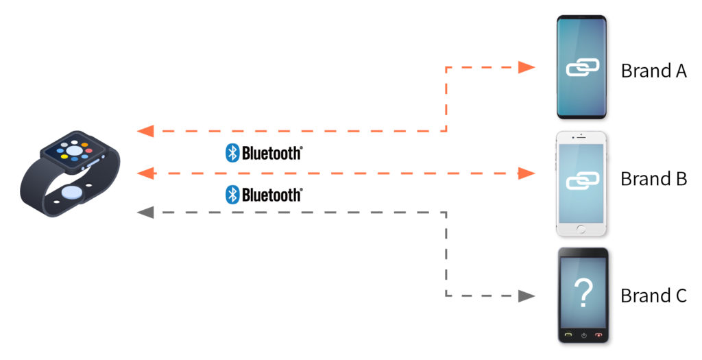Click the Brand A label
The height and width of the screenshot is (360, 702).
[x=653, y=71]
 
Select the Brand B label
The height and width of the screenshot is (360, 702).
[x=653, y=179]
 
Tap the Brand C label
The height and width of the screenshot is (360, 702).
[x=653, y=296]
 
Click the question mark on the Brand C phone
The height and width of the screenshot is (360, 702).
[x=583, y=292]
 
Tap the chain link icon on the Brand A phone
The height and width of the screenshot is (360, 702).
[x=583, y=68]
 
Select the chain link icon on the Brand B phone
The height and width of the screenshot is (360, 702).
[x=583, y=181]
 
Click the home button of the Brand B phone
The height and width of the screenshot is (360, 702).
[x=581, y=229]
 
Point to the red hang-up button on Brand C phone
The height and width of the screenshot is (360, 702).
[x=598, y=335]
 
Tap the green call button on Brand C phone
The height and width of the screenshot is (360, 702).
[x=568, y=335]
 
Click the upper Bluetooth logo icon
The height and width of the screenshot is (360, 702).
[x=232, y=153]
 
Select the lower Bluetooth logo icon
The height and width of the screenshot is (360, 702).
[x=232, y=194]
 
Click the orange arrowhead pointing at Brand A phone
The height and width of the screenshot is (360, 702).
[x=526, y=67]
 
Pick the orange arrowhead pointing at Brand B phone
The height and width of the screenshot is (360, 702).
[x=526, y=173]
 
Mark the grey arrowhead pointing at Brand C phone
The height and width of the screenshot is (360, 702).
[x=526, y=296]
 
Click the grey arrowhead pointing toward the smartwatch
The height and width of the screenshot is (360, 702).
[x=145, y=213]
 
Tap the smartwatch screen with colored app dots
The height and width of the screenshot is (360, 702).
[x=75, y=150]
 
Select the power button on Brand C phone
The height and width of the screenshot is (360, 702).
[x=583, y=335]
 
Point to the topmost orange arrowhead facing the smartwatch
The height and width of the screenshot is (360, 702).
[x=145, y=131]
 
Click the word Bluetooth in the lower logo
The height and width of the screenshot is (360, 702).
[x=271, y=195]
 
